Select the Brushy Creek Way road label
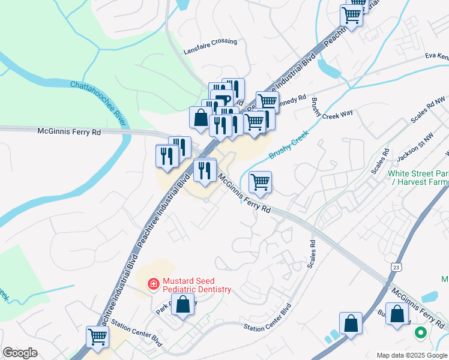(331, 112)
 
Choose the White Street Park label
(418, 173)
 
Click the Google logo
(20, 353)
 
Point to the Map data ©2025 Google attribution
(412, 355)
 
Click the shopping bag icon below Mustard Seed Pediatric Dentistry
(184, 305)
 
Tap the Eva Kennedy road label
(436, 56)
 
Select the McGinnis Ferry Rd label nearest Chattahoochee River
(70, 130)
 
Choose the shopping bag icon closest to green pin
(397, 313)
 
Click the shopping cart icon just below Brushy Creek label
(260, 181)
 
